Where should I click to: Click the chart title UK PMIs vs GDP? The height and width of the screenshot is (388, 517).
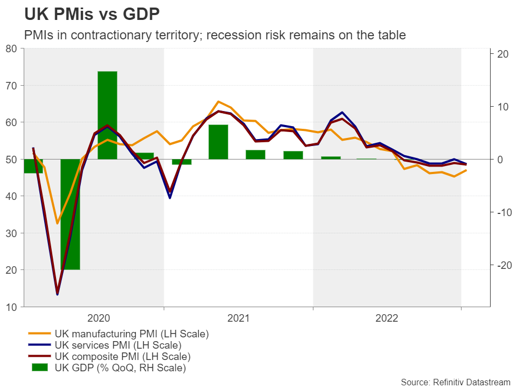click(x=92, y=13)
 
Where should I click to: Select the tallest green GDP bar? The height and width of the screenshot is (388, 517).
click(x=107, y=115)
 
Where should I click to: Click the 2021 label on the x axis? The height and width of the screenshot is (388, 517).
click(x=239, y=318)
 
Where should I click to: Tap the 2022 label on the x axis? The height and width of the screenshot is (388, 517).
click(x=387, y=318)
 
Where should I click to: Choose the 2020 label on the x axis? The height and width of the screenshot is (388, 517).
click(x=97, y=318)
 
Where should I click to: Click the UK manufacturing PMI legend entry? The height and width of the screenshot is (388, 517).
click(x=131, y=334)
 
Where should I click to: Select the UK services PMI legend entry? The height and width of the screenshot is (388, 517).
click(x=117, y=345)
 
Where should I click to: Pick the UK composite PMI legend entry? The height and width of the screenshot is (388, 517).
click(x=122, y=357)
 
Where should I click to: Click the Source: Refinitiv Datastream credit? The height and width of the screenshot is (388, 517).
click(x=455, y=382)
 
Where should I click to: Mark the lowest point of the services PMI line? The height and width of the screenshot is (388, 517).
click(x=58, y=294)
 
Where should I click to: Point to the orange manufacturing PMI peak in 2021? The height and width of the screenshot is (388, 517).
click(x=218, y=101)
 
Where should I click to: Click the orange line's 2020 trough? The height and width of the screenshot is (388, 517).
click(x=58, y=223)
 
